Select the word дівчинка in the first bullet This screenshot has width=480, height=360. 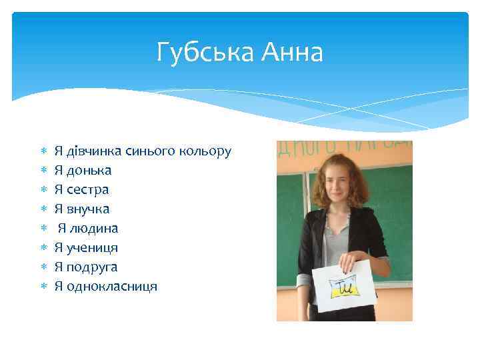(93, 151)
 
